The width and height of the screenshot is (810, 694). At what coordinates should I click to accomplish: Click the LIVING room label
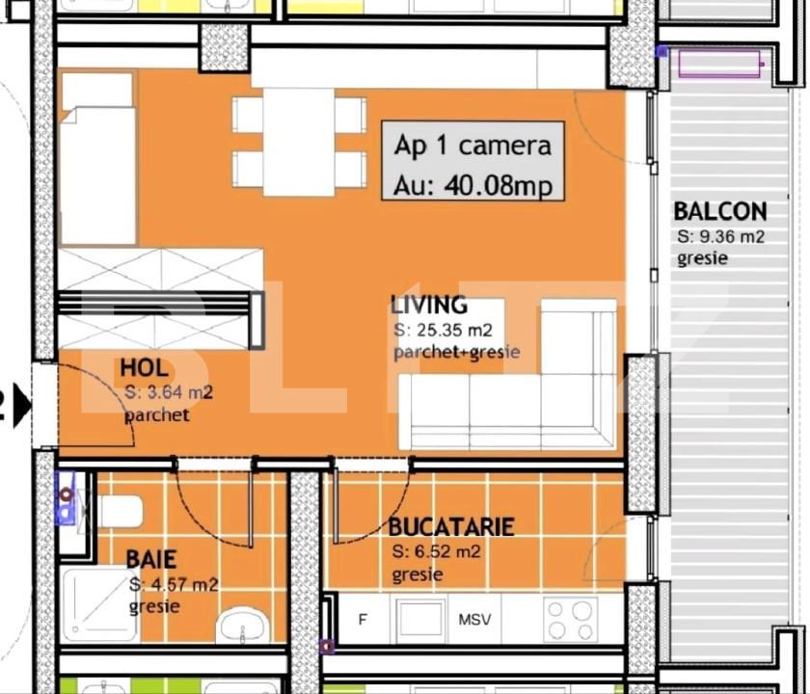pyautogui.click(x=429, y=306)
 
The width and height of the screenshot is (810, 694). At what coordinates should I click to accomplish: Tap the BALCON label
pyautogui.click(x=719, y=211)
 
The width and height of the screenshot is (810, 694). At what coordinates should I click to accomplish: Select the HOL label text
pyautogui.click(x=145, y=367)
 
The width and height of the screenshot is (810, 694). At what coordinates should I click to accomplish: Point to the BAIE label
pyautogui.click(x=150, y=560)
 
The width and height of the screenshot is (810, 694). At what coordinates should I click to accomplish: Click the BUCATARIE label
pyautogui.click(x=450, y=527)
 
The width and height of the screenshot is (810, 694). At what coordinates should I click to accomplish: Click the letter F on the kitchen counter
pyautogui.click(x=363, y=619)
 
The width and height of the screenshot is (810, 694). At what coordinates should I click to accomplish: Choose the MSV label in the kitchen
pyautogui.click(x=473, y=619)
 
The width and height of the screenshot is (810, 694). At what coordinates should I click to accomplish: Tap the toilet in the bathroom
pyautogui.click(x=118, y=511)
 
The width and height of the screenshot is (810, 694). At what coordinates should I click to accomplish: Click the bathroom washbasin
pyautogui.click(x=244, y=627)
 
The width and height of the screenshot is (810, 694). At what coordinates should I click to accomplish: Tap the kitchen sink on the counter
pyautogui.click(x=420, y=620)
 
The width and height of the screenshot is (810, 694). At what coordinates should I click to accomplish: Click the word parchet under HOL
pyautogui.click(x=156, y=415)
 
